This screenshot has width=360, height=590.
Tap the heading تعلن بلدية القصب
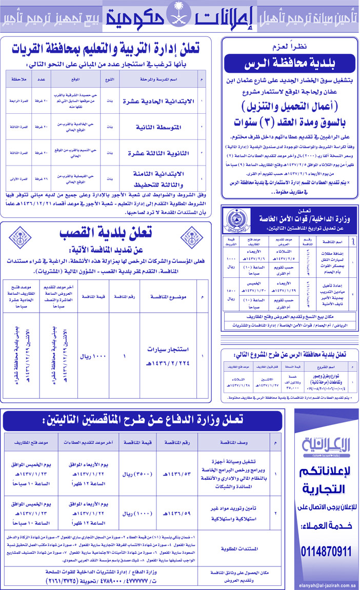coord(106,233)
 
